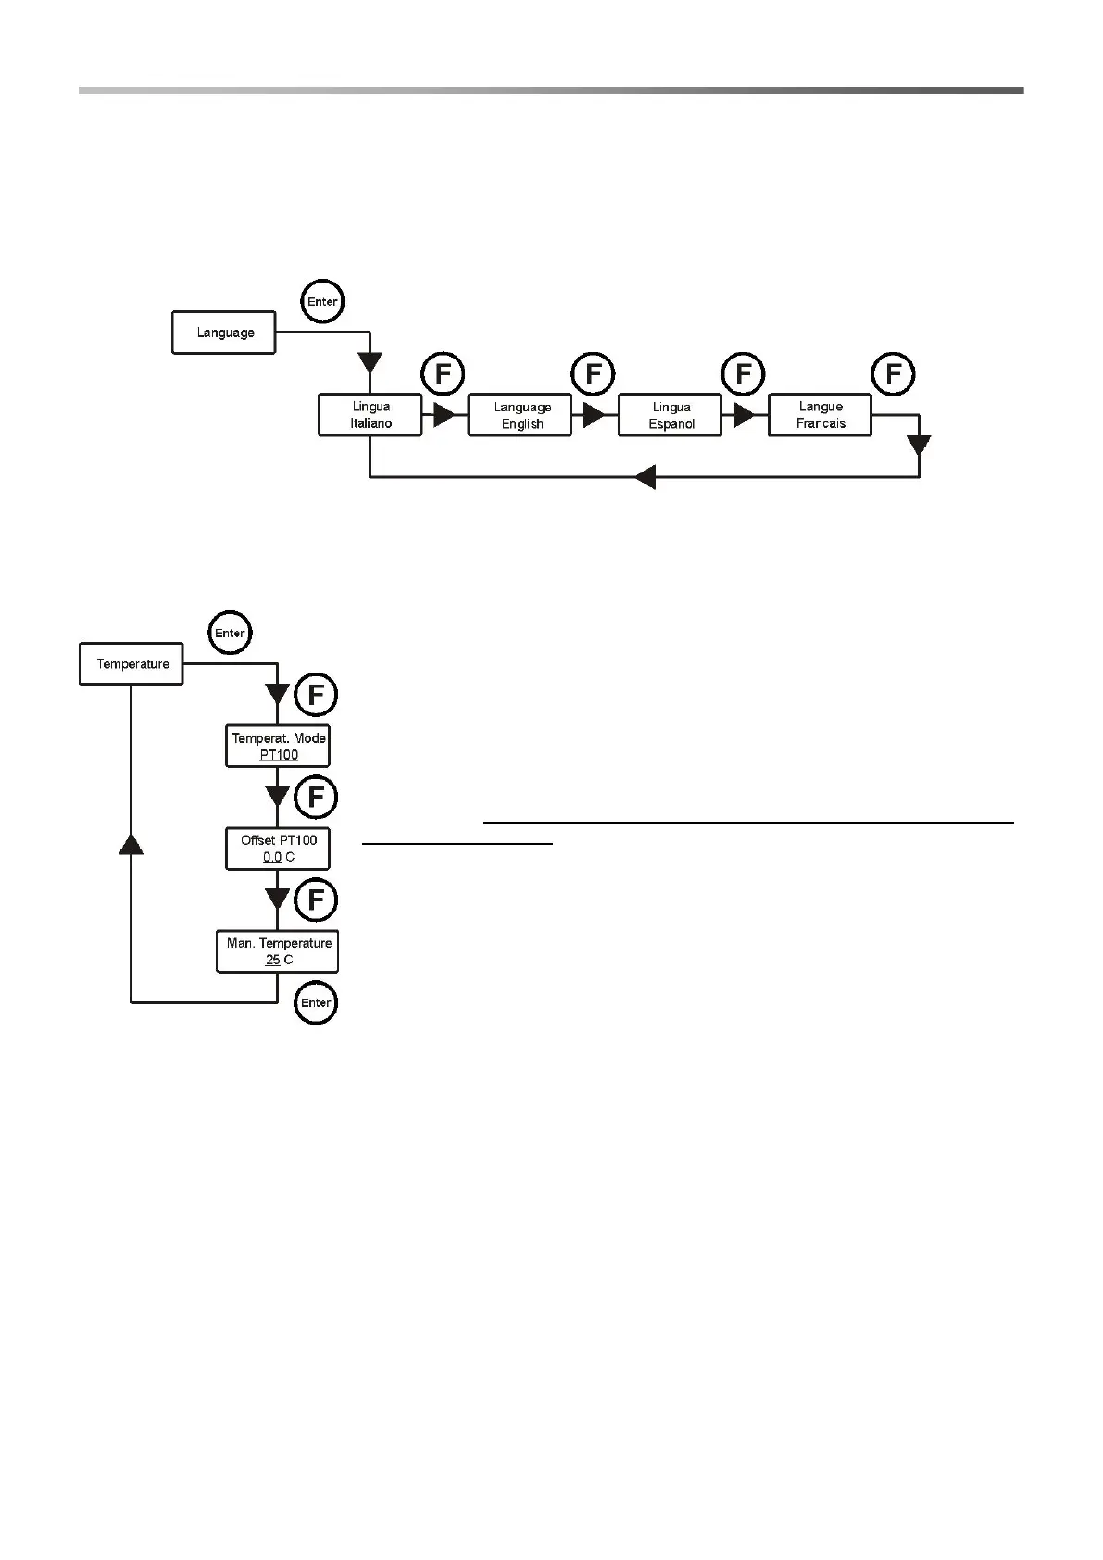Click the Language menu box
click(223, 333)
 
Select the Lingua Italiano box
click(370, 415)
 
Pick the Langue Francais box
click(820, 415)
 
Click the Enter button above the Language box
click(322, 302)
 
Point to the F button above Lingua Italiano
click(443, 375)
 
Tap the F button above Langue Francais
click(894, 375)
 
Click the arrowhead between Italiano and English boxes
click(445, 415)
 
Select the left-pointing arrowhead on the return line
click(646, 477)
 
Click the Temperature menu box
click(132, 664)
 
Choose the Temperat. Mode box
click(278, 746)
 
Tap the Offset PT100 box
click(278, 849)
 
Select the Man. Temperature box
click(278, 951)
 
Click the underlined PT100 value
click(279, 755)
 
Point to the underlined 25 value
click(273, 960)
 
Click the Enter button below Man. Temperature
click(316, 1003)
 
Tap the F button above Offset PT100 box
click(316, 798)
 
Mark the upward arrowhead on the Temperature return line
click(132, 842)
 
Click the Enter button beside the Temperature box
click(229, 634)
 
